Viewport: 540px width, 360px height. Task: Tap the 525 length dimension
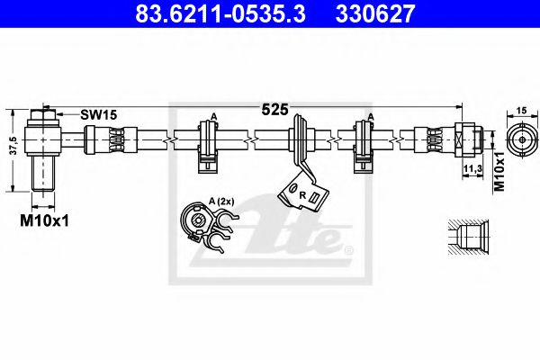(x=274, y=110)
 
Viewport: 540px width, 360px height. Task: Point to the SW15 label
(x=98, y=115)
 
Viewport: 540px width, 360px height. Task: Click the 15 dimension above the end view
(x=520, y=111)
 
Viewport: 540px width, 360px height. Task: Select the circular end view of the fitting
(x=520, y=139)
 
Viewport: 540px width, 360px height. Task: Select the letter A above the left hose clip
(x=213, y=116)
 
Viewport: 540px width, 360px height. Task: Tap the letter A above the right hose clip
(x=370, y=116)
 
